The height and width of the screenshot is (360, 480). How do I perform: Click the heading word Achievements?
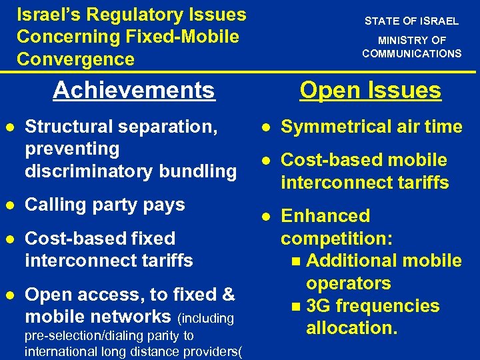click(134, 89)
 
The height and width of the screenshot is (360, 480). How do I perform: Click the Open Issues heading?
click(370, 90)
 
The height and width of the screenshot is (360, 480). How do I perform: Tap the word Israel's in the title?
click(49, 14)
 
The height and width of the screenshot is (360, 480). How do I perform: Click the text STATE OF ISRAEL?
click(411, 21)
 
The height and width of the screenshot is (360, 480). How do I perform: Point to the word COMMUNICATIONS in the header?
click(411, 53)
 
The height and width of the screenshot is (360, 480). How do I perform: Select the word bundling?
click(198, 171)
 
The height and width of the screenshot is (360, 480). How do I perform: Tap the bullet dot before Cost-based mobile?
click(265, 160)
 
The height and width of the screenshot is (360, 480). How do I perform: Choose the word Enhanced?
click(325, 215)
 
